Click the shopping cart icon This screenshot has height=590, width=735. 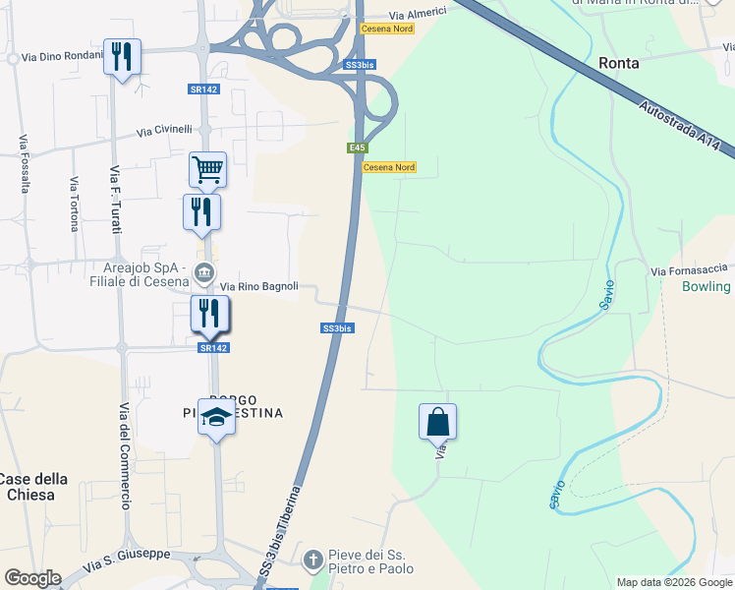click(207, 169)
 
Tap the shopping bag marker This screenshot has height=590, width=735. click(437, 422)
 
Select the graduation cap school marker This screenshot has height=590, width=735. click(216, 417)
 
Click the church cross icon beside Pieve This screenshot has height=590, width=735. click(312, 560)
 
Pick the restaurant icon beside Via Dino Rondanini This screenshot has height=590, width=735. click(122, 56)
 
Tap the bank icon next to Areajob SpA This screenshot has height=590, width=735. click(203, 272)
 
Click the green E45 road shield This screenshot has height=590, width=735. click(357, 147)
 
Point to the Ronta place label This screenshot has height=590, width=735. click(619, 62)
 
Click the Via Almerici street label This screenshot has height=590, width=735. click(418, 14)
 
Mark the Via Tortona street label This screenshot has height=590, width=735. click(74, 204)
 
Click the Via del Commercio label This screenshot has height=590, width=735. click(125, 456)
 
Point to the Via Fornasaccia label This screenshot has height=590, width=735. click(689, 269)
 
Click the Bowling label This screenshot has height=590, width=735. click(707, 286)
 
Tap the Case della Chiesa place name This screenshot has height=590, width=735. click(32, 487)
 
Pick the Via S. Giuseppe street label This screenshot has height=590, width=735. click(127, 560)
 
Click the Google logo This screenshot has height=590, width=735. click(32, 578)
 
